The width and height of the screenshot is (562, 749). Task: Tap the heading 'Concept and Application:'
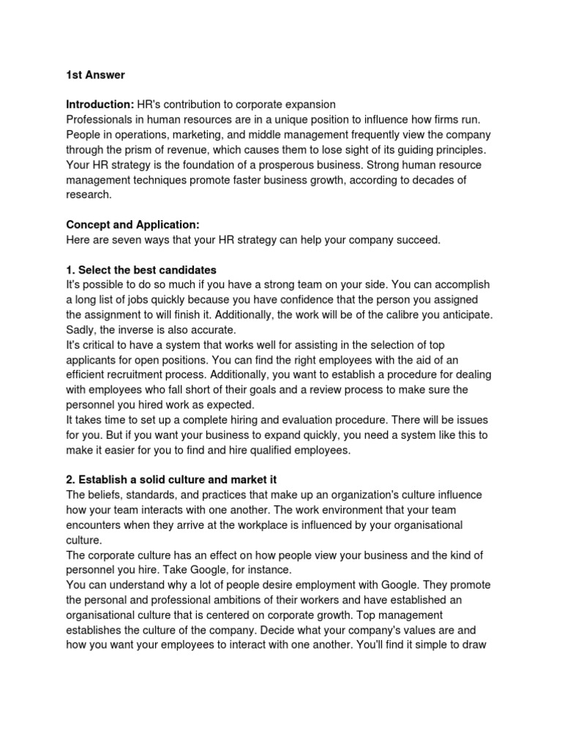(x=132, y=225)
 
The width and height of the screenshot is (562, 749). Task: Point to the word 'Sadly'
(x=80, y=330)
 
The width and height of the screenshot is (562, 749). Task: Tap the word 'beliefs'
(x=105, y=495)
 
